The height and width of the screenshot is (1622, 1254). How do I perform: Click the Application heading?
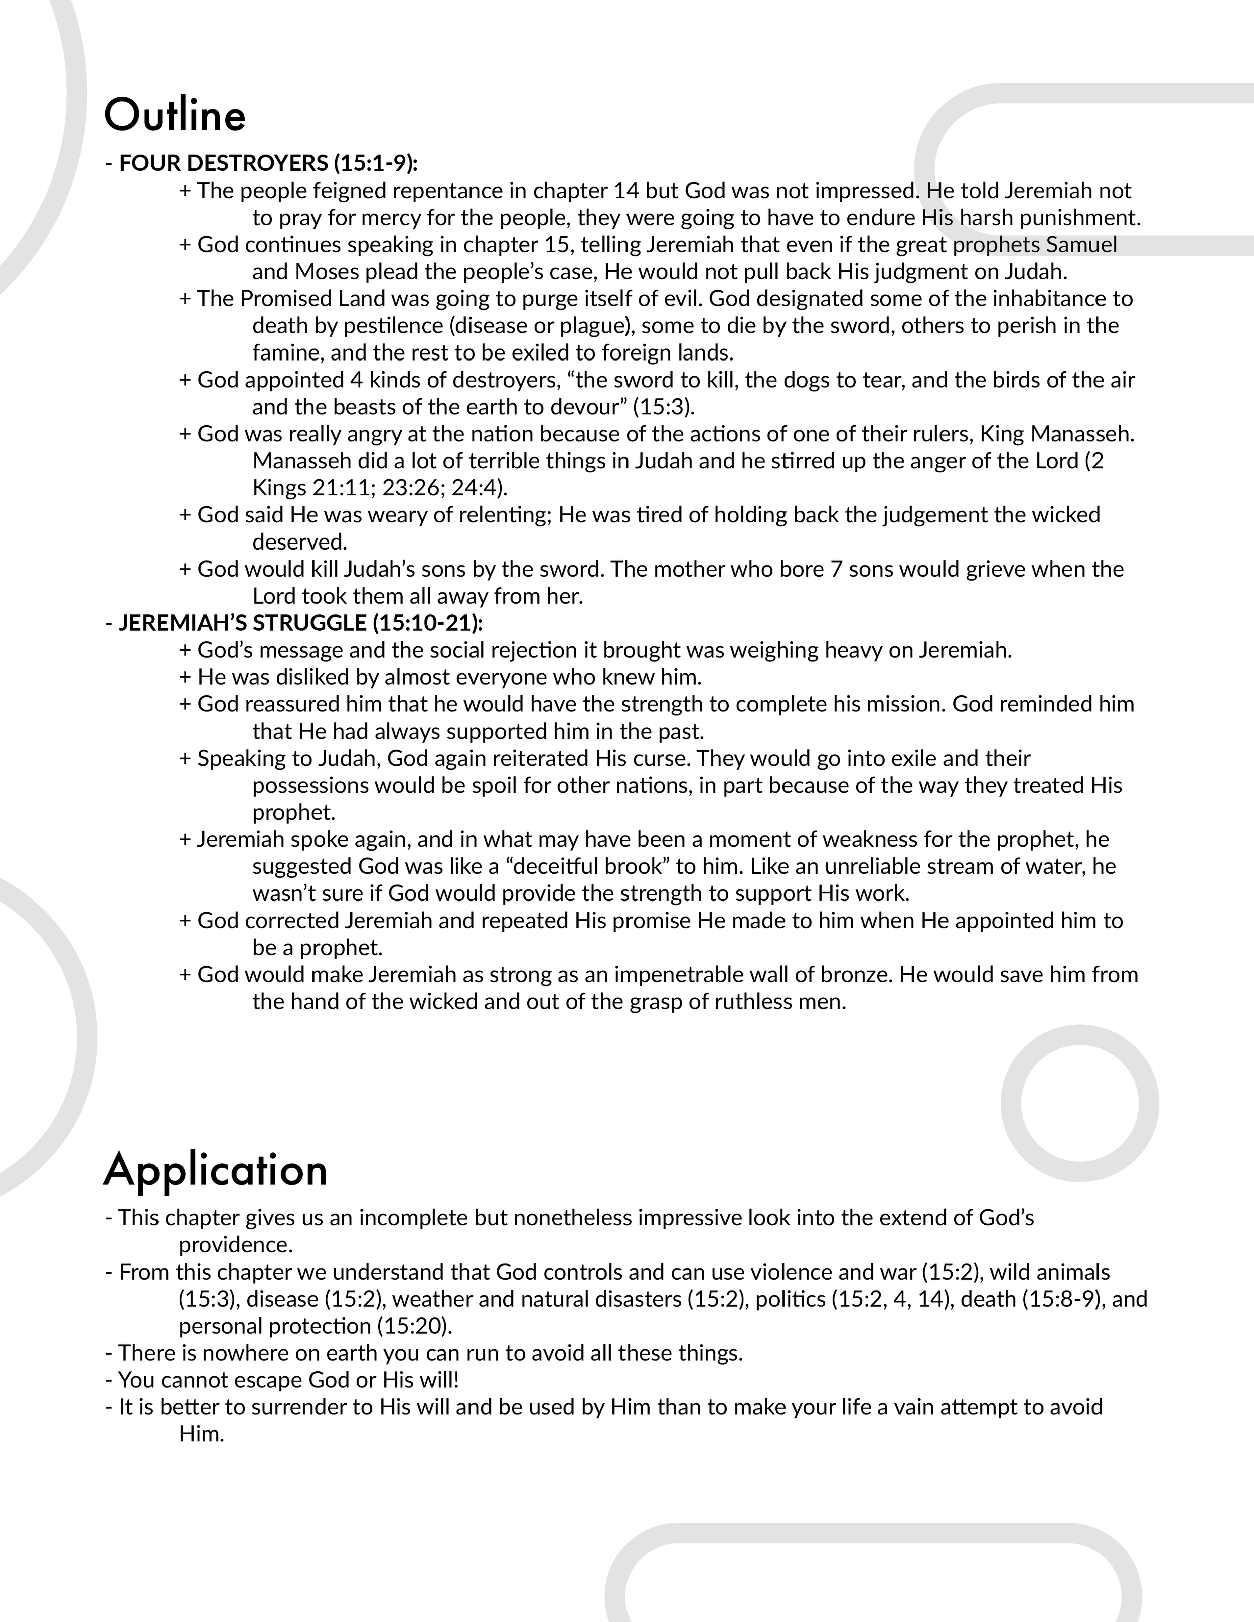pos(216,1170)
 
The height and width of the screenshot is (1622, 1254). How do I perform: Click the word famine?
pos(288,353)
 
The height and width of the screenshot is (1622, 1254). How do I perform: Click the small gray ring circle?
pos(1079,1103)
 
